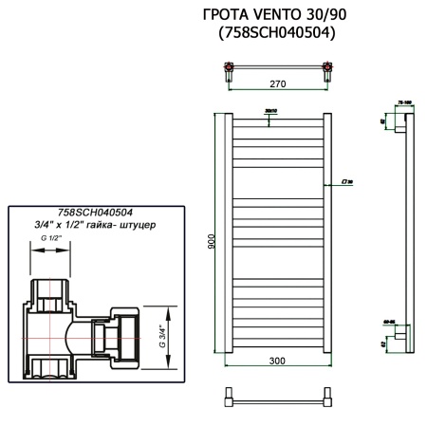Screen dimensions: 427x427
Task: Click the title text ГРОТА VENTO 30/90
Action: pos(276,17)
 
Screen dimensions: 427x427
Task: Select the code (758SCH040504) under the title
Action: pos(276,34)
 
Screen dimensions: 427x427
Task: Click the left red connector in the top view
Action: pos(228,66)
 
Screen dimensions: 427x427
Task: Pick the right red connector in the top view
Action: pos(327,66)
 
